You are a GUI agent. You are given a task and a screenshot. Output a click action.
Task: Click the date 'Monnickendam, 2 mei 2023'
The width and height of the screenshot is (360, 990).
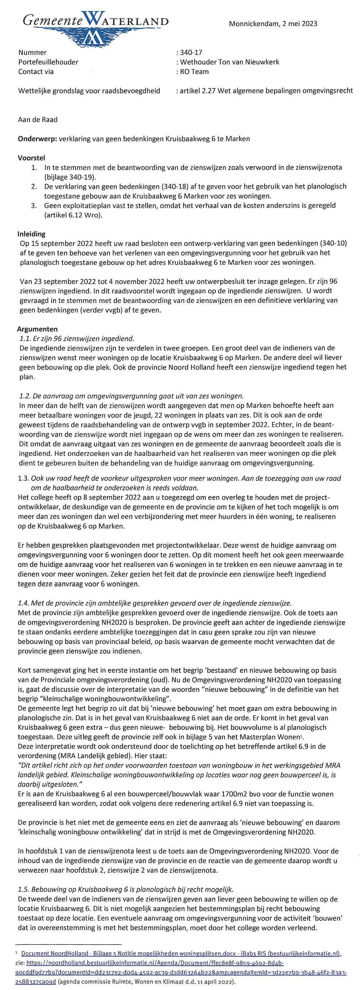pyautogui.click(x=273, y=24)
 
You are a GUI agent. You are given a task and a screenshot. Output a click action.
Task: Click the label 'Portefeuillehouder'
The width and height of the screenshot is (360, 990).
pyautogui.click(x=48, y=62)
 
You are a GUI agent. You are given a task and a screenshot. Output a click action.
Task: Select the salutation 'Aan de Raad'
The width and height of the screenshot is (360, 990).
pyautogui.click(x=38, y=119)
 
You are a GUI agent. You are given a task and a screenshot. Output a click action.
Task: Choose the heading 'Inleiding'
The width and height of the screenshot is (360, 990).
pyautogui.click(x=31, y=234)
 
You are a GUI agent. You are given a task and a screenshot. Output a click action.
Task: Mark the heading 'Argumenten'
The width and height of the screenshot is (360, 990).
pyautogui.click(x=37, y=329)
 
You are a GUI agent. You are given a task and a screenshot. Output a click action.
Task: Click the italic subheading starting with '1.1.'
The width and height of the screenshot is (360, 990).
pyautogui.click(x=77, y=339)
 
